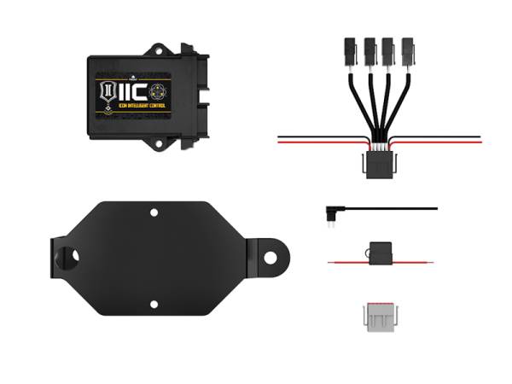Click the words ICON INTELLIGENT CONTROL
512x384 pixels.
137,107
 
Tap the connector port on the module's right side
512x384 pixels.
203,94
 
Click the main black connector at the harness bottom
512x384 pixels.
376,164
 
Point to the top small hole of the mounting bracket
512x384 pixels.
154,212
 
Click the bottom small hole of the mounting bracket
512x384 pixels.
154,303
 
